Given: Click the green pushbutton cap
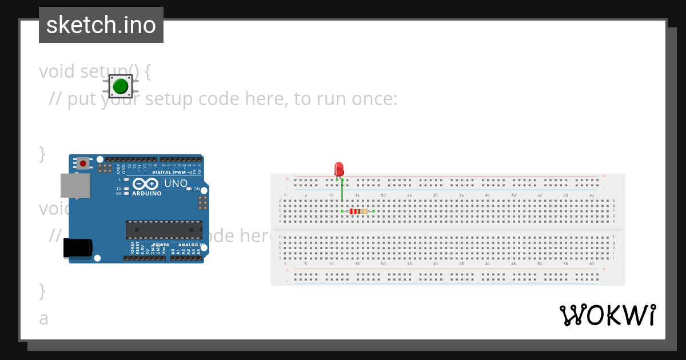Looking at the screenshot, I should coord(121,86).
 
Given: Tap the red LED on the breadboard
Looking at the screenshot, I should coord(339,169).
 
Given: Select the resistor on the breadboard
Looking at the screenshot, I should coord(358,211).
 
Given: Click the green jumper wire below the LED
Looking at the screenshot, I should coord(342,191).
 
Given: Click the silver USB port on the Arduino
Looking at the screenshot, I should coord(75,186).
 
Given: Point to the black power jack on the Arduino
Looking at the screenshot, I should coord(77,247).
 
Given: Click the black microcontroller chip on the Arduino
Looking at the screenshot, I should coord(164,229).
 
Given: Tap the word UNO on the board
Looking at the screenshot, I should coord(176,183).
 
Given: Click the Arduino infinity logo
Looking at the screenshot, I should coord(146,184).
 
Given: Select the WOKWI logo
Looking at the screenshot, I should coord(607,315).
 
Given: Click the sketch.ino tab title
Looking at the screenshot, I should coord(101,25).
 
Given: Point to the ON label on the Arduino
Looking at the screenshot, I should coord(196,189).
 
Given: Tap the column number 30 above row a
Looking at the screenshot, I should coord(435,195).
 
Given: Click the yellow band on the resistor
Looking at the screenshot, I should coord(364,211).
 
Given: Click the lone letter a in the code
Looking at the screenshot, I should coord(44,318).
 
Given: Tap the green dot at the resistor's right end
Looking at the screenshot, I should coord(373,211).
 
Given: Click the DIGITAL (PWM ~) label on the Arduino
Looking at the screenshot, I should coord(171,171).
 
